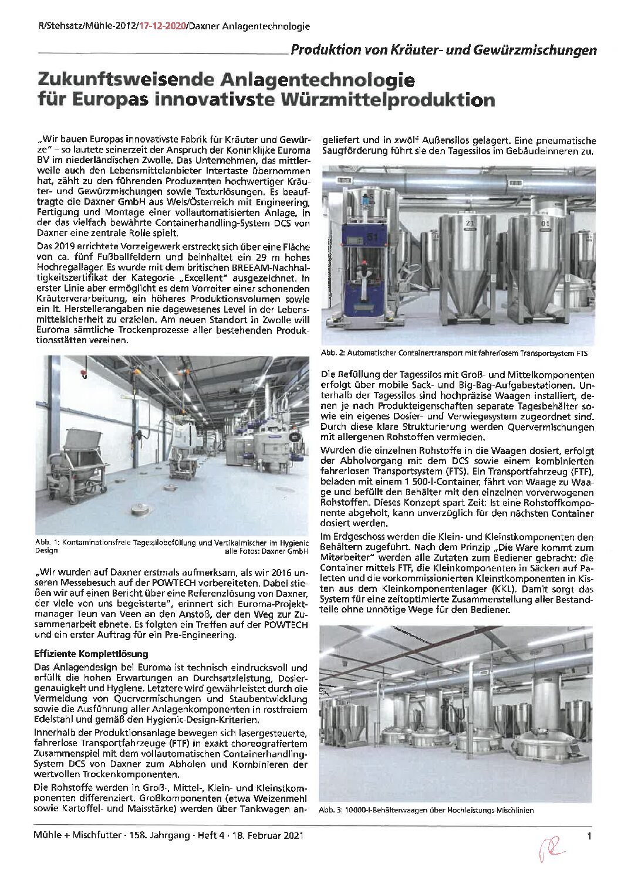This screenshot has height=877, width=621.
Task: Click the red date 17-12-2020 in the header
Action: click(x=161, y=26)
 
